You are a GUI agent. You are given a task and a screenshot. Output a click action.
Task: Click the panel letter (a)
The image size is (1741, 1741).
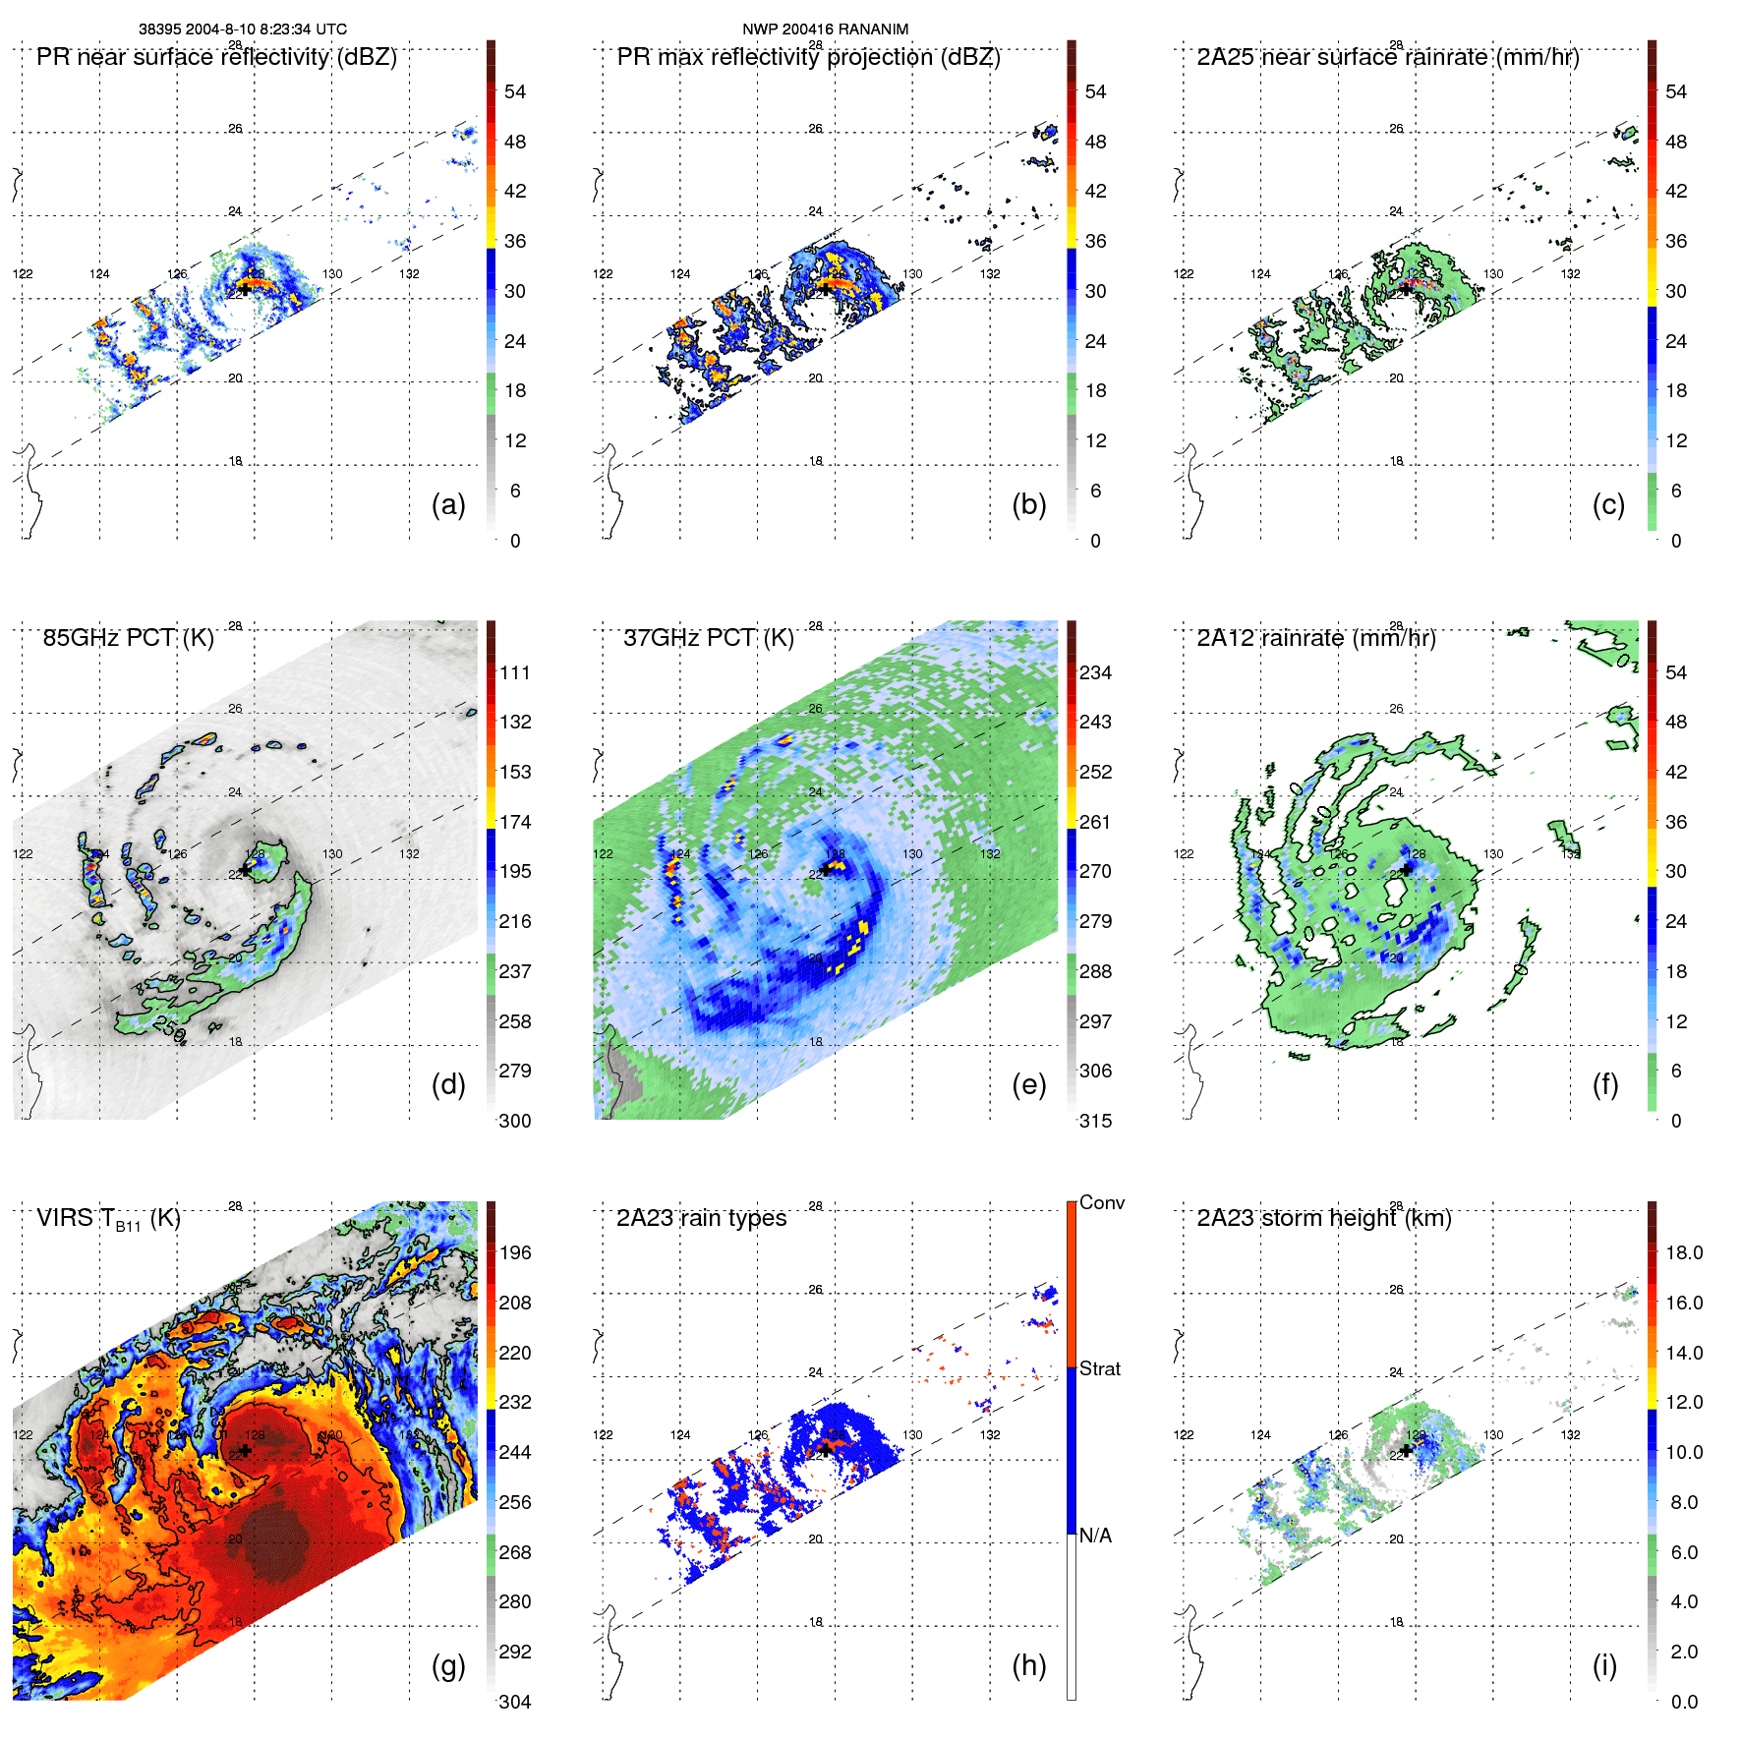point(448,504)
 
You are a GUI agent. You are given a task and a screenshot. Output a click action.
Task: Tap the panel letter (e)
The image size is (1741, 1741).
point(1028,1084)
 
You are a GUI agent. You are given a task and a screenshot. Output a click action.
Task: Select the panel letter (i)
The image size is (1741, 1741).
point(1604,1665)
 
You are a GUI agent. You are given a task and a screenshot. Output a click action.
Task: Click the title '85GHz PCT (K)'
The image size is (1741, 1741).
point(128,638)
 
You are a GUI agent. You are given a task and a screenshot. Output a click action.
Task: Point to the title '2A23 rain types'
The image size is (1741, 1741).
point(701,1218)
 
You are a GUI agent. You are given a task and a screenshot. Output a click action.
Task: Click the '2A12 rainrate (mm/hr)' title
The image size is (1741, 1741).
point(1315,638)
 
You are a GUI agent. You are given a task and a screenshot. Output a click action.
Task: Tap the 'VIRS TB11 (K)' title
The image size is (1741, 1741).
point(108,1219)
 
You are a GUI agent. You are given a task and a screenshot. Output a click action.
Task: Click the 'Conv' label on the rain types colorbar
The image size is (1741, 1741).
point(1101,1202)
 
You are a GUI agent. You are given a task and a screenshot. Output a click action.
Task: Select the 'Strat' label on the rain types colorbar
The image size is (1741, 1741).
point(1099,1368)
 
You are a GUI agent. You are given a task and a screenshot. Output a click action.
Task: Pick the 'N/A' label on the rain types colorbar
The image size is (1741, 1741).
point(1095,1536)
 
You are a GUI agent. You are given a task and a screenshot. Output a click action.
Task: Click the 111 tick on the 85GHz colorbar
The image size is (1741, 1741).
point(515,672)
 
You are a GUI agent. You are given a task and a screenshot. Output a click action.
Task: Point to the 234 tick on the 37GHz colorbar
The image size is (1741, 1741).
point(1095,672)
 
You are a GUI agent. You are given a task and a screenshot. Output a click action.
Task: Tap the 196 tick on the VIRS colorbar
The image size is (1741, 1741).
point(515,1252)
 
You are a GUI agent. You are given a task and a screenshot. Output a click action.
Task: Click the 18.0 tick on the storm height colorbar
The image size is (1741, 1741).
point(1683,1252)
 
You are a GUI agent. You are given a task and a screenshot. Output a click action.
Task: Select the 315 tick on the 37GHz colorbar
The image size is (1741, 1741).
point(1095,1121)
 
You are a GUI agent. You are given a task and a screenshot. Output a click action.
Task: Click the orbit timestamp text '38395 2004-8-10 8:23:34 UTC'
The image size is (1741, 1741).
point(242,29)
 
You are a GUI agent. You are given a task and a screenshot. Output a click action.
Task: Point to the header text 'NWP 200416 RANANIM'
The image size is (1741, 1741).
point(825,29)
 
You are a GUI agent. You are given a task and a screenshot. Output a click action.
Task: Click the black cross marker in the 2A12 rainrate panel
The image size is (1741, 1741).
point(1407,869)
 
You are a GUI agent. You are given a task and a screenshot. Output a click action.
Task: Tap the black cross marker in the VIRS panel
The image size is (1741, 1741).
point(245,1450)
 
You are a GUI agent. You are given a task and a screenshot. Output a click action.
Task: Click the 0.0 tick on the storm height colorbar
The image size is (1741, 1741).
point(1683,1702)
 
